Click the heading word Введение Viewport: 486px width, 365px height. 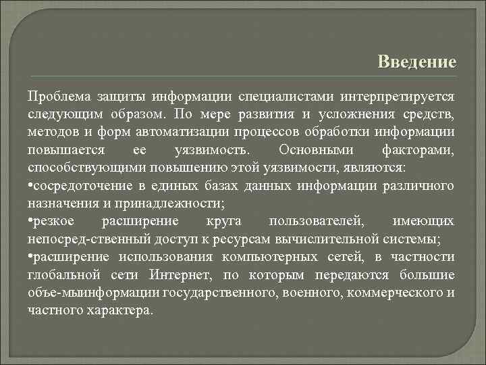coord(417,62)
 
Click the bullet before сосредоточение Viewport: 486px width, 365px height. coord(31,185)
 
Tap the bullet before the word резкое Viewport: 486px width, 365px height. coord(31,221)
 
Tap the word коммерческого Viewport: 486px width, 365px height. coord(398,293)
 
